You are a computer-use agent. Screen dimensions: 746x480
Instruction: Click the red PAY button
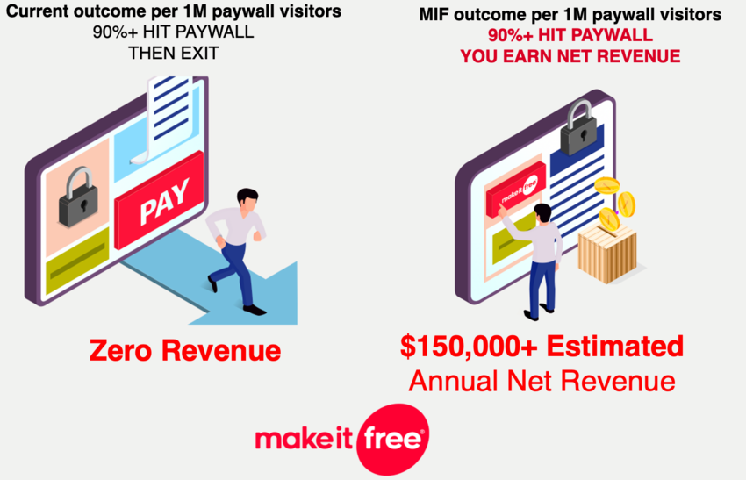(160, 200)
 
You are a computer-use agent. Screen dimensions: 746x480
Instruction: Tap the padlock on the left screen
(77, 197)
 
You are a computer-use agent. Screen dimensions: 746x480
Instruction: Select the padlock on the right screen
(579, 127)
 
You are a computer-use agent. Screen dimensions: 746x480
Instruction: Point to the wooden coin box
(607, 253)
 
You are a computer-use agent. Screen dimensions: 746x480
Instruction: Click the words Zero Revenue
(185, 351)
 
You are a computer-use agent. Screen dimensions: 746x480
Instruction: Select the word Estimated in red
(614, 346)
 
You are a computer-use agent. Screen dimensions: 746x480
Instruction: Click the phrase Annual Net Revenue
(542, 381)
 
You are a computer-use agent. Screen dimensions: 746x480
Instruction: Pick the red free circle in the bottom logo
(392, 439)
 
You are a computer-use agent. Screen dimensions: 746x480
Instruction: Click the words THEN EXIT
(174, 53)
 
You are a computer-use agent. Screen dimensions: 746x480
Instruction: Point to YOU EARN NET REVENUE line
(570, 56)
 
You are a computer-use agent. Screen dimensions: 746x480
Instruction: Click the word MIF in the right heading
(434, 15)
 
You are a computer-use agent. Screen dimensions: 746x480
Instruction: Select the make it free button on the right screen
(516, 189)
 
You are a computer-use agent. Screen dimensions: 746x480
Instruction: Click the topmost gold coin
(607, 185)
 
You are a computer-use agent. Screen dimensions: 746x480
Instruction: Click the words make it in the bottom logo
(304, 438)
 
